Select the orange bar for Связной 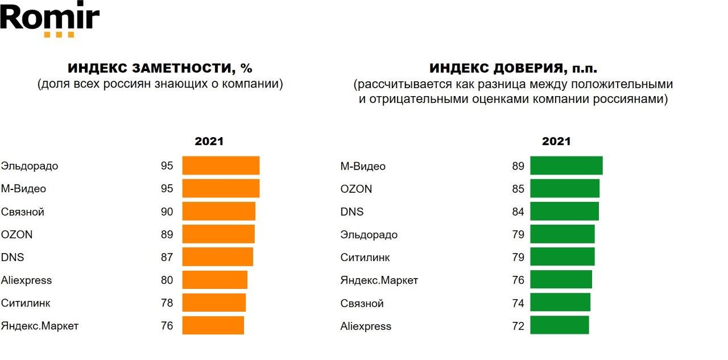pos(218,212)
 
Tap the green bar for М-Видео pos(566,165)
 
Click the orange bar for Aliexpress pos(214,280)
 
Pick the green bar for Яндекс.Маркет pos(561,280)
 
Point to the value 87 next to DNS pos(167,257)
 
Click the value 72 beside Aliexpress pos(518,326)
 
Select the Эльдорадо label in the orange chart pos(30,166)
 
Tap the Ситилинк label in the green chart pos(365,257)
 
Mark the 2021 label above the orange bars pos(209,142)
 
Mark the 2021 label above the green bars pos(556,142)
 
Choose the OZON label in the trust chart pos(356,189)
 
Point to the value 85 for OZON pos(518,189)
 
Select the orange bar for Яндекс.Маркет pos(213,325)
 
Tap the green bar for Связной pos(560,303)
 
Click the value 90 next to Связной pos(167,212)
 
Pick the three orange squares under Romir pos(59,35)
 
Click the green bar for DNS pos(564,211)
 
